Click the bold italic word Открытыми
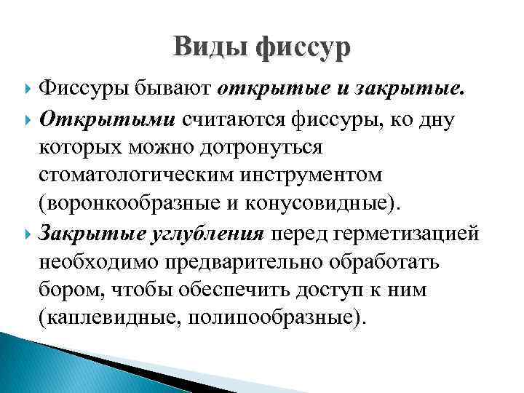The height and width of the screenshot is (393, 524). (107, 117)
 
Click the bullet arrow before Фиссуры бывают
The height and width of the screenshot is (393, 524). (28, 89)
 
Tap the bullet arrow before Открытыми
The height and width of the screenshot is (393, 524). (28, 118)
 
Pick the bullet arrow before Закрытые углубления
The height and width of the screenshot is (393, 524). (28, 233)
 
